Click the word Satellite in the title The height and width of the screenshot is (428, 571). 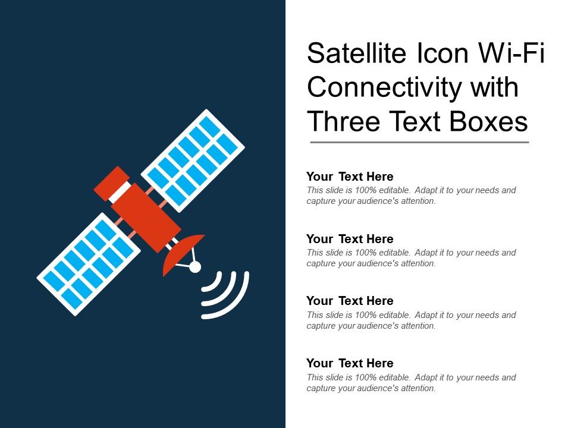[354, 54]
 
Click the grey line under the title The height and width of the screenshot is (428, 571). [419, 143]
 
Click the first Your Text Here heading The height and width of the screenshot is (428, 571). [350, 177]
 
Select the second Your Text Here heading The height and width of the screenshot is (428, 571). [350, 239]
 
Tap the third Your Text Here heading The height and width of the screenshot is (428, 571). [350, 301]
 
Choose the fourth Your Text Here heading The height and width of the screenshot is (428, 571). [350, 363]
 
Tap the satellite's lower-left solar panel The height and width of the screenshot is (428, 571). [89, 263]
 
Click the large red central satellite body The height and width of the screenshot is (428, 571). [146, 217]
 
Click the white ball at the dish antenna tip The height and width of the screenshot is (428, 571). [195, 267]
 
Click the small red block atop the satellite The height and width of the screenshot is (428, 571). [112, 182]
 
